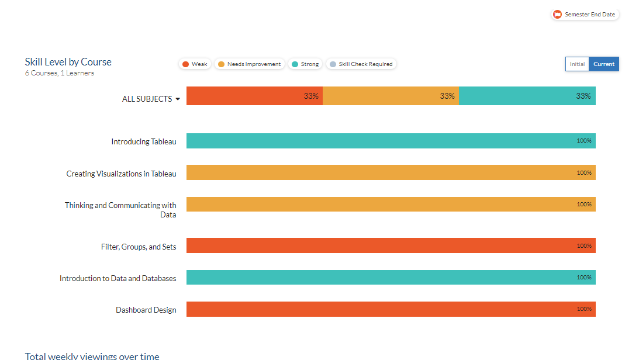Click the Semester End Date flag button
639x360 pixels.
pyautogui.click(x=585, y=15)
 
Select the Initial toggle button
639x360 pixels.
pyautogui.click(x=577, y=64)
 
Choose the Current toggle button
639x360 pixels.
pyautogui.click(x=604, y=64)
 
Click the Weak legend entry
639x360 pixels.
pyautogui.click(x=195, y=64)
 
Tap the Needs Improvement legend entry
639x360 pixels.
pyautogui.click(x=250, y=64)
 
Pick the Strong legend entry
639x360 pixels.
pyautogui.click(x=305, y=64)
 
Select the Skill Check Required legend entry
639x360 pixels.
pyautogui.click(x=361, y=64)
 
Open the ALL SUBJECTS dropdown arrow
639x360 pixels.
pyautogui.click(x=178, y=99)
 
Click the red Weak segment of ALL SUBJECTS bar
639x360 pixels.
pyautogui.click(x=254, y=96)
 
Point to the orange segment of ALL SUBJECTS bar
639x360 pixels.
pyautogui.click(x=391, y=96)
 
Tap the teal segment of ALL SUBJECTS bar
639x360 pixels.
pyautogui.click(x=527, y=96)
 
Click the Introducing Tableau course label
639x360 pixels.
pyautogui.click(x=144, y=141)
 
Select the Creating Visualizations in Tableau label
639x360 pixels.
pyautogui.click(x=121, y=174)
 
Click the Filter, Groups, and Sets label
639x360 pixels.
pyautogui.click(x=139, y=247)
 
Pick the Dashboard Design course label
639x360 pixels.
pyautogui.click(x=146, y=310)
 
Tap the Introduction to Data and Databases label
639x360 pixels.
pyautogui.click(x=118, y=278)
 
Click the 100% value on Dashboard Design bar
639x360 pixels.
pyautogui.click(x=584, y=309)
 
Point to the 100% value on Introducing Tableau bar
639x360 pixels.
pyautogui.click(x=584, y=141)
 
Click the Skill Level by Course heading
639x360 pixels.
pyautogui.click(x=68, y=62)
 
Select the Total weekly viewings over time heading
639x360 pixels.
pyautogui.click(x=92, y=356)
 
